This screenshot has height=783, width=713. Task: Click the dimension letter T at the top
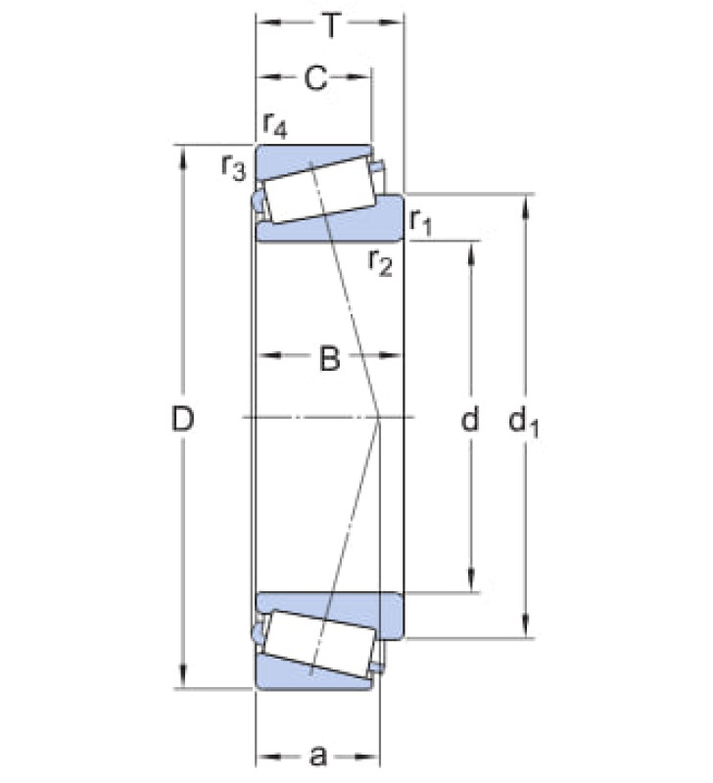(331, 25)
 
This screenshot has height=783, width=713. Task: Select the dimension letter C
(315, 78)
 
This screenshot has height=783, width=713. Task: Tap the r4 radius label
(275, 125)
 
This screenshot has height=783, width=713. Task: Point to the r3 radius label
(234, 166)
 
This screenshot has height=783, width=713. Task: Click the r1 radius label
(420, 222)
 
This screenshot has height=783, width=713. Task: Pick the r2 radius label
(381, 262)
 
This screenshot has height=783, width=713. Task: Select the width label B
(329, 358)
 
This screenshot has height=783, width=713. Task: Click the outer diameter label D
(182, 419)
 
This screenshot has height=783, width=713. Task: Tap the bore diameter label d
(470, 419)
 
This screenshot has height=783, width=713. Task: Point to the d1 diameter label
(524, 422)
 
